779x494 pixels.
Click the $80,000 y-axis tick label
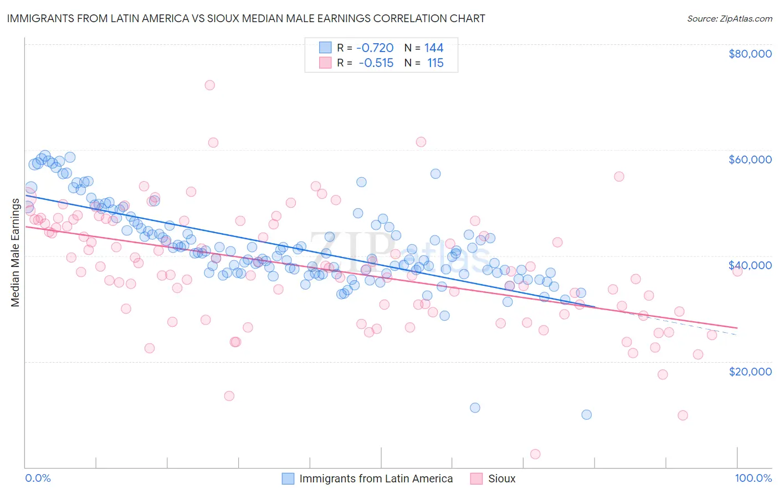click(750, 54)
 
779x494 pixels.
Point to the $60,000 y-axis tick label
click(750, 159)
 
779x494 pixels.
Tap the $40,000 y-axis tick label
click(750, 265)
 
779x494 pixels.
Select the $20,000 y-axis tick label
click(750, 371)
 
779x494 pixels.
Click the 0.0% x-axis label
click(38, 478)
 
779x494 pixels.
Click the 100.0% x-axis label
click(753, 478)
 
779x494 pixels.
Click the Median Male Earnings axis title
click(16, 253)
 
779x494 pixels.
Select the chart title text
click(246, 18)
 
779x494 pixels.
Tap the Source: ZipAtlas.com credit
click(729, 18)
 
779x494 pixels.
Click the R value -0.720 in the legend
click(375, 48)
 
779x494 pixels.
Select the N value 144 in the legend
click(434, 48)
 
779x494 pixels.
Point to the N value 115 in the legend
click(435, 63)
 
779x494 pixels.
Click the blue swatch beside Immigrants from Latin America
click(288, 478)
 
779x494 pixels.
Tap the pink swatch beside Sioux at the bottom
click(476, 478)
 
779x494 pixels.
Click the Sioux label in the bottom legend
click(501, 478)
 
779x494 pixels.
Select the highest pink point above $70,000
click(209, 85)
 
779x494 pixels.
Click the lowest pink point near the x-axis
click(535, 454)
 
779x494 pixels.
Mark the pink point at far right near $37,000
click(737, 271)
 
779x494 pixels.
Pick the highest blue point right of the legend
click(435, 174)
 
